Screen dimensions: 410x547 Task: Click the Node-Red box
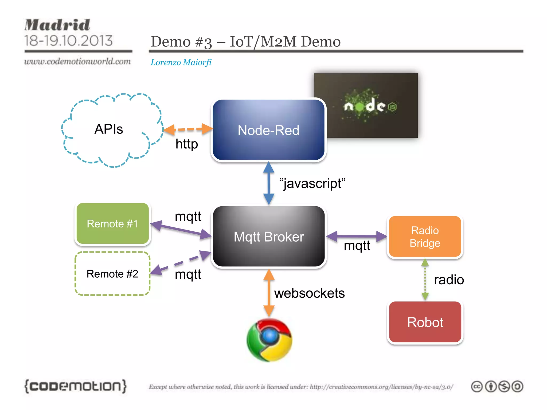(268, 130)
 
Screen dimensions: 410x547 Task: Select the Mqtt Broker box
(268, 236)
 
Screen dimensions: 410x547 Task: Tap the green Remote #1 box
(112, 224)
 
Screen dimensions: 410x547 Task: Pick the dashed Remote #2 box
(112, 274)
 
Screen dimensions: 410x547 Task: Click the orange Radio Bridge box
(425, 236)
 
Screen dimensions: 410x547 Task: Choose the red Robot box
(425, 322)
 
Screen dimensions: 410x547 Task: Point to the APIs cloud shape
(110, 129)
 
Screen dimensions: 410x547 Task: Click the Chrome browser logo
(269, 340)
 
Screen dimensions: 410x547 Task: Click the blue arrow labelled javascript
(269, 183)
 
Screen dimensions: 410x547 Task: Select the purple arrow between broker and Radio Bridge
(357, 236)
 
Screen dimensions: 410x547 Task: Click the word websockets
(309, 293)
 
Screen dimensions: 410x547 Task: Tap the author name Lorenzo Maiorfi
(181, 62)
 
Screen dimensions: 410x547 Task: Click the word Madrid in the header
(57, 25)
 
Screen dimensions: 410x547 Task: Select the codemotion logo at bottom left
(75, 386)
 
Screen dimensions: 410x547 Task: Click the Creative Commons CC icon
(477, 387)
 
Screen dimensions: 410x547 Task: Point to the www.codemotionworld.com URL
(77, 61)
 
